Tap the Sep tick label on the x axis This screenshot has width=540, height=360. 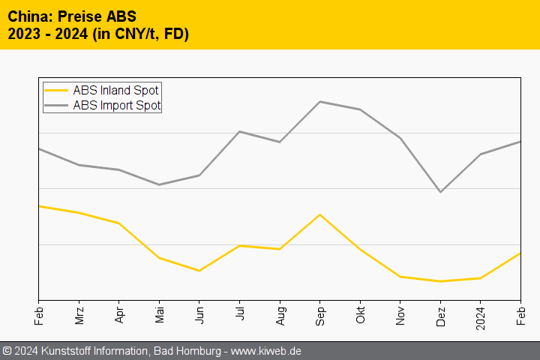320,312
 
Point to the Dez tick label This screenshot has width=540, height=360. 441,312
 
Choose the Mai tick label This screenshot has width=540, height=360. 159,312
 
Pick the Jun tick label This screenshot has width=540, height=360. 199,312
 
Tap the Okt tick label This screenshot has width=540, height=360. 361,312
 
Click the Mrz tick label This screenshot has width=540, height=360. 79,312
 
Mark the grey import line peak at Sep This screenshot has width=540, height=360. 320,101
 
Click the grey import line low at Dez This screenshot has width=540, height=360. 441,192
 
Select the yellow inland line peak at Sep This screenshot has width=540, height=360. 320,214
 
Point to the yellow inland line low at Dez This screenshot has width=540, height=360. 441,281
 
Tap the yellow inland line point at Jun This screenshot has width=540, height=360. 199,271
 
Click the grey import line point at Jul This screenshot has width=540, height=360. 239,131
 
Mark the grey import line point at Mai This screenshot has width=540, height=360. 159,184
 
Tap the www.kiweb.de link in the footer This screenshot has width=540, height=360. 267,351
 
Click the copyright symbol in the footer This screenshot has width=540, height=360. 7,351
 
